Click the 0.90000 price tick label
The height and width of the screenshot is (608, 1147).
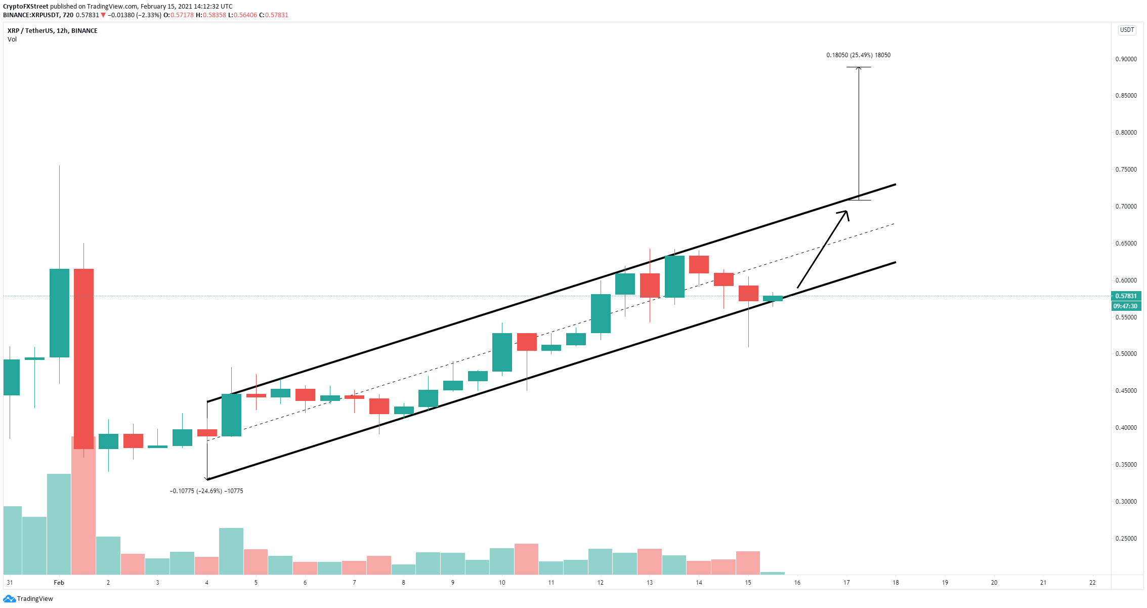pos(1126,59)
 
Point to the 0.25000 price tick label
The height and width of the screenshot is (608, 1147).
pos(1126,539)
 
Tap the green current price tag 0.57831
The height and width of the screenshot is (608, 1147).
pos(1126,296)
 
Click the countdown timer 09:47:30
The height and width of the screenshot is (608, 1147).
pos(1126,306)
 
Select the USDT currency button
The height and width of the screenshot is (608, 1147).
pos(1127,30)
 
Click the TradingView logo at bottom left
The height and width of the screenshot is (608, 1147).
pos(28,599)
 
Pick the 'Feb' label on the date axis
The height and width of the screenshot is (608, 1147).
pos(59,583)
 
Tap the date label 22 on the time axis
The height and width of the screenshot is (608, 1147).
pos(1092,583)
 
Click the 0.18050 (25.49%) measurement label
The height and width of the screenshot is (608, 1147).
pos(858,55)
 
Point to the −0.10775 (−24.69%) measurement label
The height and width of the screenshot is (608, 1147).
pos(206,491)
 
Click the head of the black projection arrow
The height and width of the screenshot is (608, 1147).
pos(846,212)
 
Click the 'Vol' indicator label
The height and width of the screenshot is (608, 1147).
pos(12,39)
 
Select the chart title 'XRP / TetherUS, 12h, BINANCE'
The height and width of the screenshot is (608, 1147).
pos(53,31)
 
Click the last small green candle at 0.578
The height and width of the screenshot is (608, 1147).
pos(773,299)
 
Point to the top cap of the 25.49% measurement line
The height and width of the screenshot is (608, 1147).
pos(858,67)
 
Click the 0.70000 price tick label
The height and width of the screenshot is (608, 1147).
pos(1126,207)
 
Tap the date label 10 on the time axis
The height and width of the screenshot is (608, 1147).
pos(502,583)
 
